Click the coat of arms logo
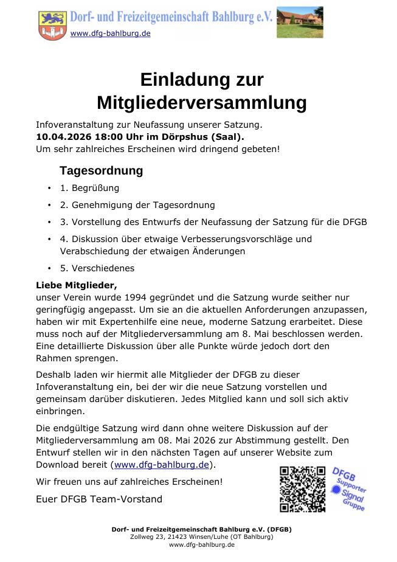coord(53,25)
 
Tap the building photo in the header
coord(300,23)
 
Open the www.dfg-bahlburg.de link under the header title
coord(110,33)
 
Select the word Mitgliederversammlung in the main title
coord(201,102)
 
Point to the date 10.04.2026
coord(63,137)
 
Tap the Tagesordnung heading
coord(101,170)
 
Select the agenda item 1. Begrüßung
coord(89,188)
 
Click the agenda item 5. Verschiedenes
coord(97,268)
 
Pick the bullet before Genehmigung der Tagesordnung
coord(49,206)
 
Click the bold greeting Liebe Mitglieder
coord(76,285)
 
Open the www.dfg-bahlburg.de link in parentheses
coord(162,465)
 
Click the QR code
coord(302,488)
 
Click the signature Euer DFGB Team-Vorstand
coord(99,499)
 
